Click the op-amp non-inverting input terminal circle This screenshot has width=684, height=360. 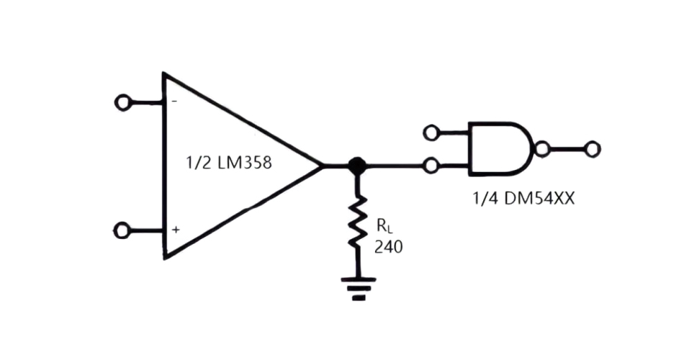[x=123, y=230]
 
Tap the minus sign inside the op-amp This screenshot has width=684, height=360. [x=174, y=102]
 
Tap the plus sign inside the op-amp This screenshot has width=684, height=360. [x=175, y=230]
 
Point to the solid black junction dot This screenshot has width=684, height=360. [x=355, y=166]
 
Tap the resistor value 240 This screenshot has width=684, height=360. [x=388, y=247]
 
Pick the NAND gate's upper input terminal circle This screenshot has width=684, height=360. [x=431, y=132]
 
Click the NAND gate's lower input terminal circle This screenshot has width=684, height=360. [x=431, y=166]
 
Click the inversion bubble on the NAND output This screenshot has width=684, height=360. [x=542, y=149]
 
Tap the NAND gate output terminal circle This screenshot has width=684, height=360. [x=592, y=149]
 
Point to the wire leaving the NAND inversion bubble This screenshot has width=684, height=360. [x=567, y=149]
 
